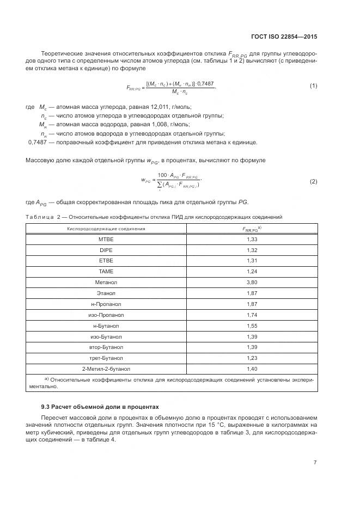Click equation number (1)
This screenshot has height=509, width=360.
point(313,86)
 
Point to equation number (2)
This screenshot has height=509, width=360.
point(313,181)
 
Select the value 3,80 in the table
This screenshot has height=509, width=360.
point(252,282)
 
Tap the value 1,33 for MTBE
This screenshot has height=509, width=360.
point(252,240)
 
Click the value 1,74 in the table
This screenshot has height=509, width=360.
point(252,315)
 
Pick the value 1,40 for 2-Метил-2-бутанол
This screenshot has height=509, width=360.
point(252,369)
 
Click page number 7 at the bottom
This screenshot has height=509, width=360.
point(315,463)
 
